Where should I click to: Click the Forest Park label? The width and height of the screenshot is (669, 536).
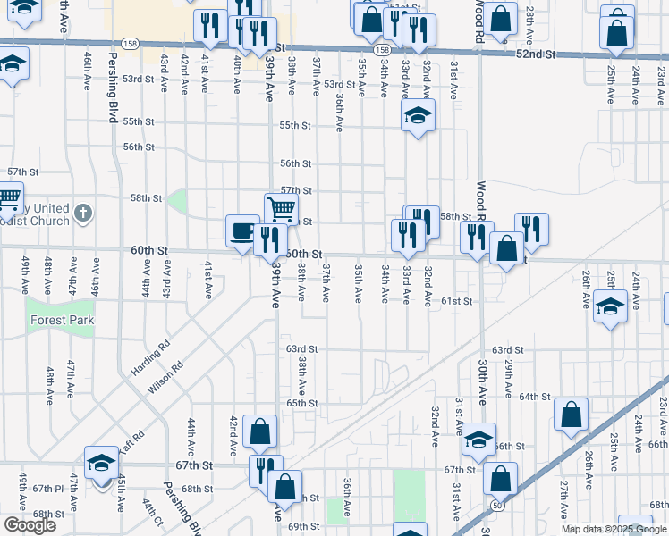coord(62,320)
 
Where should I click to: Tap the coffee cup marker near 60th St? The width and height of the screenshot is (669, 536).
coord(242,230)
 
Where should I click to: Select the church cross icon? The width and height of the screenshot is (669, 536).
coord(82,213)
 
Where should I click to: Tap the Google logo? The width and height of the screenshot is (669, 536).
coord(30,525)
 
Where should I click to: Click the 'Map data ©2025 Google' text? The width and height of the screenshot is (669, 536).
coord(614,529)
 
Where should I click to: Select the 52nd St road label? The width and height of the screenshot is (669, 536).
coord(536,54)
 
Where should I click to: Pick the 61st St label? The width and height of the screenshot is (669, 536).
coord(456,302)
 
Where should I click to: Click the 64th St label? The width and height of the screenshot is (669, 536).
coord(534,396)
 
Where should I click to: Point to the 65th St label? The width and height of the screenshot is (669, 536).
coord(302,403)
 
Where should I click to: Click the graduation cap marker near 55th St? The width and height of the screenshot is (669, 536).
coord(417,117)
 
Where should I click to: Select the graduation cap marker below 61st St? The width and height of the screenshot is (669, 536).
coord(609,306)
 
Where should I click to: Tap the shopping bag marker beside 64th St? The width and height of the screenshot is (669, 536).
coord(571,415)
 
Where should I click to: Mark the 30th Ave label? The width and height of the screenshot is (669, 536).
coord(481,375)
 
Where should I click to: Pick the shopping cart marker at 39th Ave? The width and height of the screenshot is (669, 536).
coord(281,209)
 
